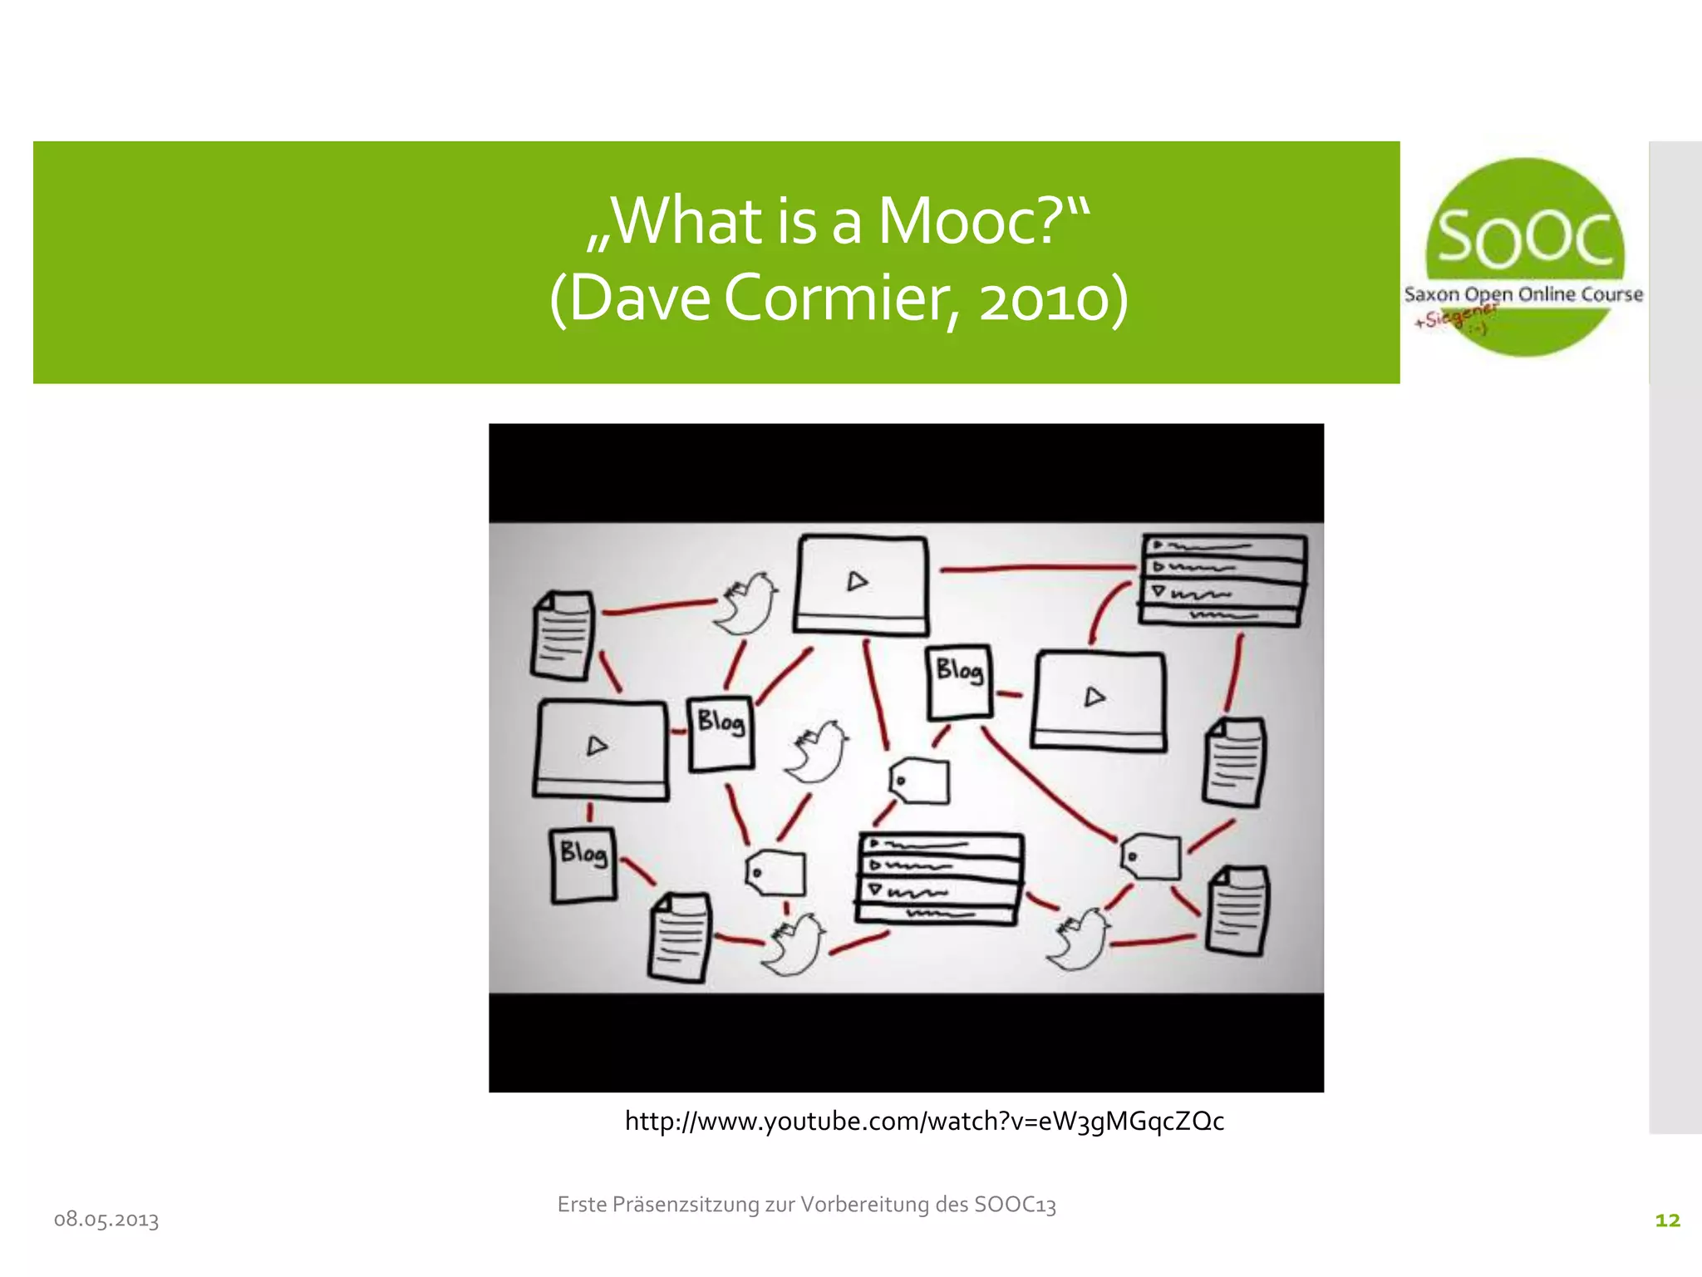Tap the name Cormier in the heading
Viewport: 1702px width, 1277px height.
[x=839, y=299]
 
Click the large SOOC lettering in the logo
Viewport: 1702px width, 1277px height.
[x=1525, y=239]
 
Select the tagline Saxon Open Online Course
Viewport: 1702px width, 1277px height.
[x=1523, y=294]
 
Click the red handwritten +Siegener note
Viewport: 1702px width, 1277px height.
[x=1456, y=317]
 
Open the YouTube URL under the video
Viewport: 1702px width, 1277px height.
[x=924, y=1122]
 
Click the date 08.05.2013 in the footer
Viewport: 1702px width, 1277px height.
[x=106, y=1220]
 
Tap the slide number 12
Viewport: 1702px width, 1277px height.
[x=1667, y=1220]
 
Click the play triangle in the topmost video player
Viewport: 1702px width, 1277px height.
[x=858, y=581]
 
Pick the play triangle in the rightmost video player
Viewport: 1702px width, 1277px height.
[x=1095, y=697]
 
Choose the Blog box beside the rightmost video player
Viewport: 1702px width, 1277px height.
[x=959, y=681]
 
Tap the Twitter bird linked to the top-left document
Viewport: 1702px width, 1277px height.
[x=745, y=603]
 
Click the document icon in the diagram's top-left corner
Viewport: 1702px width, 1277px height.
[x=563, y=635]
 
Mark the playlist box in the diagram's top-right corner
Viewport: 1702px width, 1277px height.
[x=1222, y=580]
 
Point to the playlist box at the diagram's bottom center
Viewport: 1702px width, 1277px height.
[x=939, y=878]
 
